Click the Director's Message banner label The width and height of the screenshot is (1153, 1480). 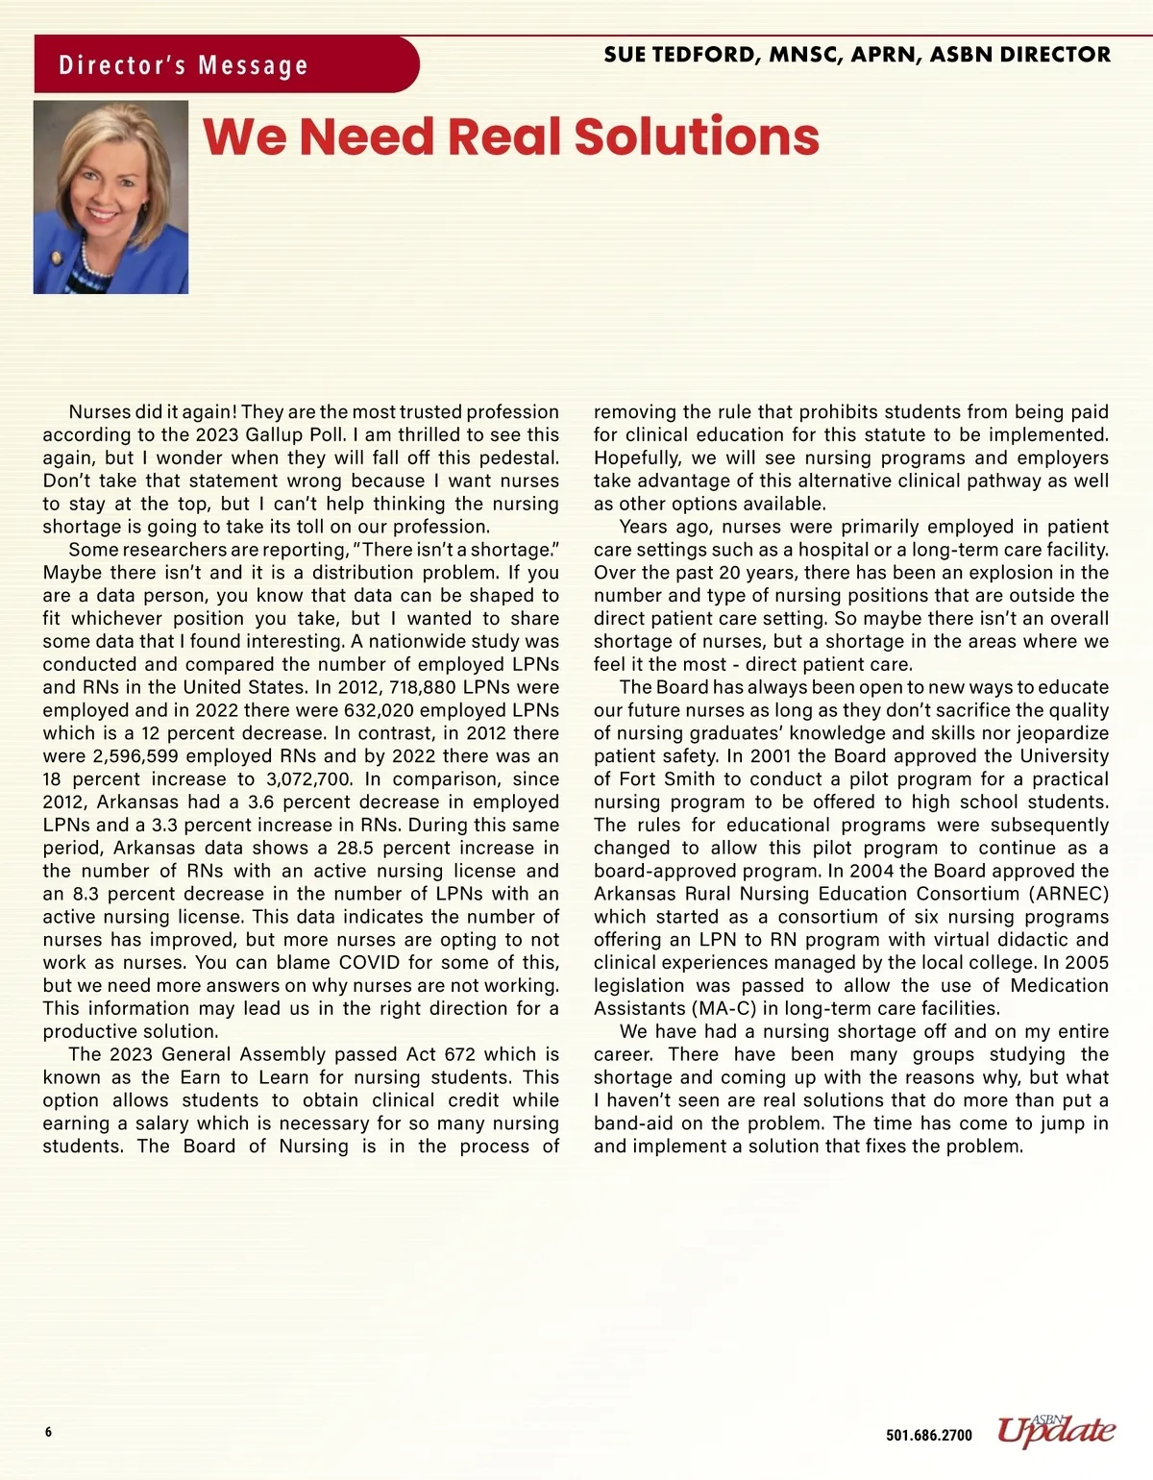(184, 65)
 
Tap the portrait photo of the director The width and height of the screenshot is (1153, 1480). (110, 197)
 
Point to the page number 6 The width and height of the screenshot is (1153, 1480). (48, 1432)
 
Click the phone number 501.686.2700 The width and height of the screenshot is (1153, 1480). (928, 1436)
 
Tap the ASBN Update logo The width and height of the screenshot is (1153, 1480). (1056, 1431)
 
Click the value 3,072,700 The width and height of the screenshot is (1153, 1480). (307, 779)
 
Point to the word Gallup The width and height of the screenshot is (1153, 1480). (277, 435)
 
